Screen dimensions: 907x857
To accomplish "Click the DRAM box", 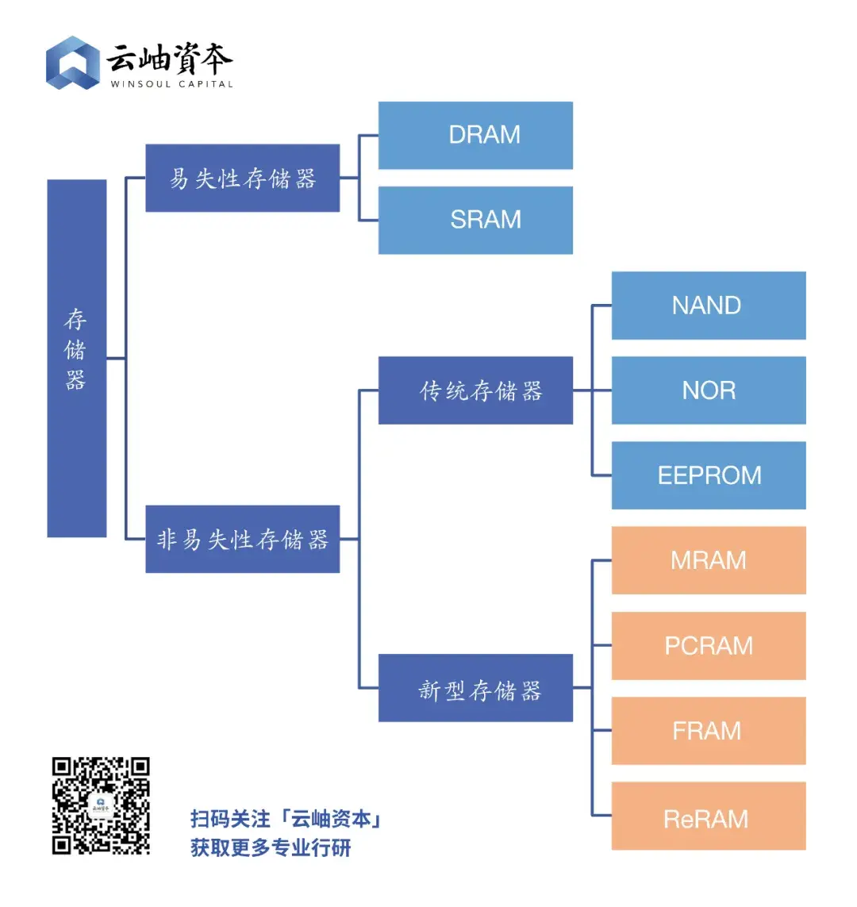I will click(475, 135).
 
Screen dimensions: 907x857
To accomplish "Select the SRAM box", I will click(475, 220).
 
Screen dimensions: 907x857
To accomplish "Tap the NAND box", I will click(708, 306).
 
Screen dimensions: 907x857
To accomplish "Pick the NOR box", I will click(708, 390).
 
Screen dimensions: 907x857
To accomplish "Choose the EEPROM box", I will click(708, 475).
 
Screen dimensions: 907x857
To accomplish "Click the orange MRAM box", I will click(708, 560).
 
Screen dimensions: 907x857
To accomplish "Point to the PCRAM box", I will click(708, 646).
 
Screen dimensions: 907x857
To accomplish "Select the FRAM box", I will click(708, 731).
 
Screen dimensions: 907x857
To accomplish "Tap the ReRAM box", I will click(708, 817).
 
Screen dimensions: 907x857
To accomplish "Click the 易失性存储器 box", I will click(242, 179).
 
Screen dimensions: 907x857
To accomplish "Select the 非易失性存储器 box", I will click(242, 540).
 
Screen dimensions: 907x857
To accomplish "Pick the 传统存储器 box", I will click(475, 390).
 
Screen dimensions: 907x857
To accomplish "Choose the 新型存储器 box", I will click(475, 689).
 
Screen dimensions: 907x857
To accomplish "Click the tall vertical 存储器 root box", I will click(76, 359).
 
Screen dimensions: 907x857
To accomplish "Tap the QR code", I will click(101, 805).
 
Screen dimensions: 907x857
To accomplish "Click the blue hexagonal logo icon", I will click(72, 63).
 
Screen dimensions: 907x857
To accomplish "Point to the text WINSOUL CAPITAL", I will click(171, 84).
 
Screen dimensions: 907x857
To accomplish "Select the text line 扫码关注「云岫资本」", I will click(286, 819).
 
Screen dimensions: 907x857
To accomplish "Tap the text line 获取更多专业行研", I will click(271, 847).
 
